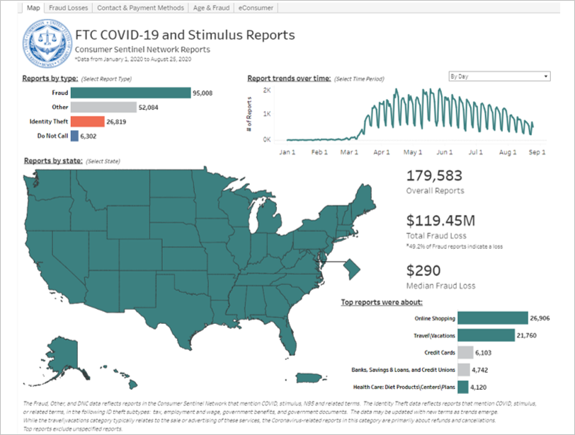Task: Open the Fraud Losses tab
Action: pyautogui.click(x=68, y=8)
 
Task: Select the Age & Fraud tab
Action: pyautogui.click(x=212, y=8)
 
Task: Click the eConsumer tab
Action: pyautogui.click(x=257, y=8)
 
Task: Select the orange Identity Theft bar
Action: pyautogui.click(x=88, y=122)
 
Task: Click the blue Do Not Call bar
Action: pyautogui.click(x=74, y=136)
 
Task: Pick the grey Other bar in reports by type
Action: pyautogui.click(x=103, y=108)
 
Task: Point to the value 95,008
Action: pyautogui.click(x=203, y=93)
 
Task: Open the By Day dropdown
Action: pyautogui.click(x=499, y=76)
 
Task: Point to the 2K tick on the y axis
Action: pyautogui.click(x=266, y=91)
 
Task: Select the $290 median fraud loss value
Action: pyautogui.click(x=423, y=271)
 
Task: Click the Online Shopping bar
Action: pyautogui.click(x=493, y=318)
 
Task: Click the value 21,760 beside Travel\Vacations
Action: pyautogui.click(x=530, y=335)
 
